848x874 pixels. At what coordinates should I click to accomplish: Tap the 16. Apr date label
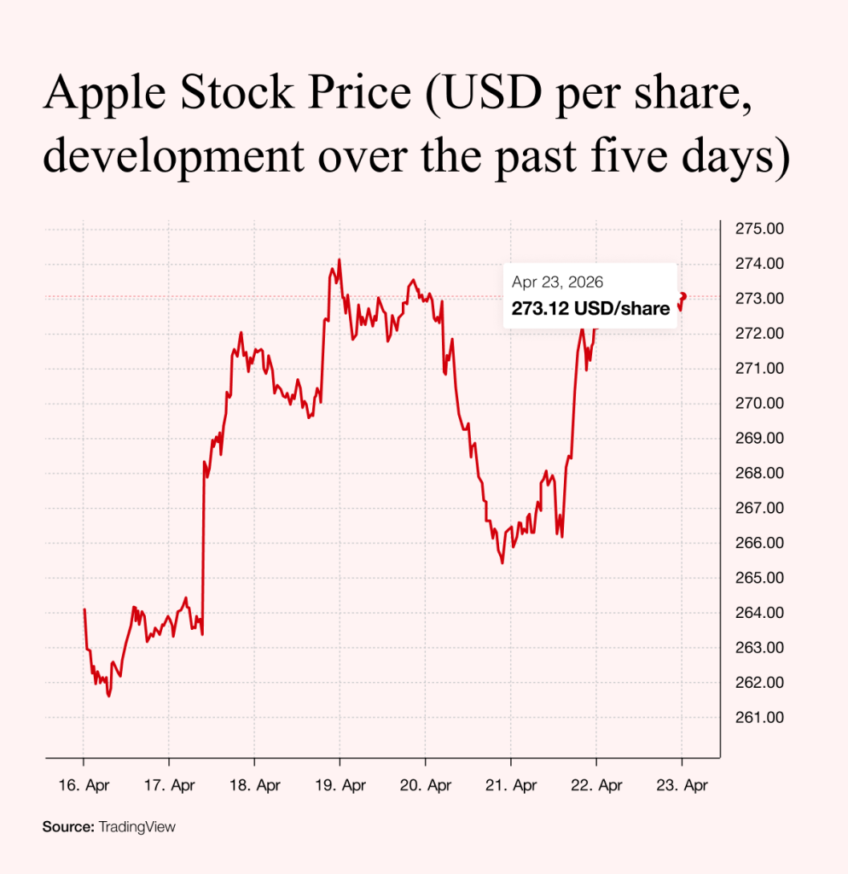[x=84, y=784]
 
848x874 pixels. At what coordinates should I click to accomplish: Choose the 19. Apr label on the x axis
[x=340, y=784]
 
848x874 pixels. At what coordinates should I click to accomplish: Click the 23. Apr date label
[x=682, y=784]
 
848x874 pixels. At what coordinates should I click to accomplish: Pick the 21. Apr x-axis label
[x=510, y=784]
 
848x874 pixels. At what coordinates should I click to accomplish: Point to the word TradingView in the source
[x=137, y=826]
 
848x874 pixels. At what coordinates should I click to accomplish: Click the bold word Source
[x=67, y=826]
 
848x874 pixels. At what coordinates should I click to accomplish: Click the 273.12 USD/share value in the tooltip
[x=590, y=309]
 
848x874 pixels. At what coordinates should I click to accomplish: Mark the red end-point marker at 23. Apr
[x=682, y=296]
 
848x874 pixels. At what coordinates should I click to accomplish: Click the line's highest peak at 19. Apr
[x=340, y=259]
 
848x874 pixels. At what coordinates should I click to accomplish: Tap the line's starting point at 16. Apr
[x=84, y=609]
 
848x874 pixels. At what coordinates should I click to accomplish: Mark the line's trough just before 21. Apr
[x=502, y=562]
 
